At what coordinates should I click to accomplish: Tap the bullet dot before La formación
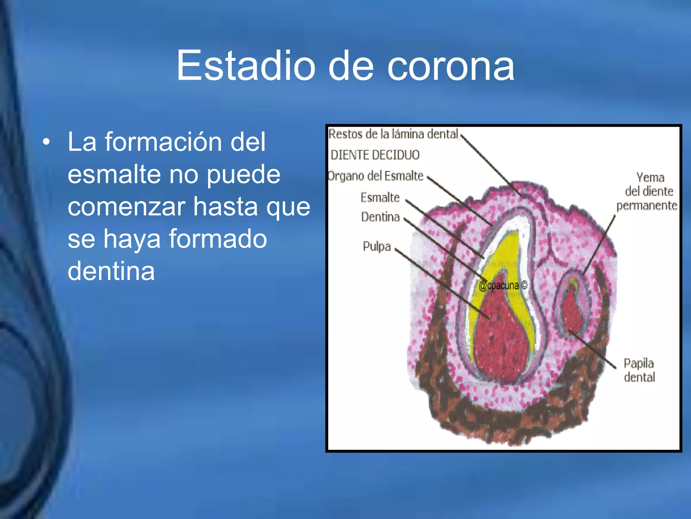(46, 142)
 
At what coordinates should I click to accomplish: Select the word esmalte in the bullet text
(114, 174)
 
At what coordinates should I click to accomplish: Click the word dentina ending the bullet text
(111, 271)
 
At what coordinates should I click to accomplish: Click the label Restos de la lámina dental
(393, 134)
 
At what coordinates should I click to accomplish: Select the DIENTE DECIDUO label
(375, 155)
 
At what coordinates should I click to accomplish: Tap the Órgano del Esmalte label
(376, 176)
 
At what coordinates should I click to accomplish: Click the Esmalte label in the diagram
(380, 197)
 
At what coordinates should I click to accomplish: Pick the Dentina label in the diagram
(380, 217)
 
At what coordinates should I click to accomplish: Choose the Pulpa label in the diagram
(377, 246)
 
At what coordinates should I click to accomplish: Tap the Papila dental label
(639, 370)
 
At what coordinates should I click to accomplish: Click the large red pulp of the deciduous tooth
(499, 338)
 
